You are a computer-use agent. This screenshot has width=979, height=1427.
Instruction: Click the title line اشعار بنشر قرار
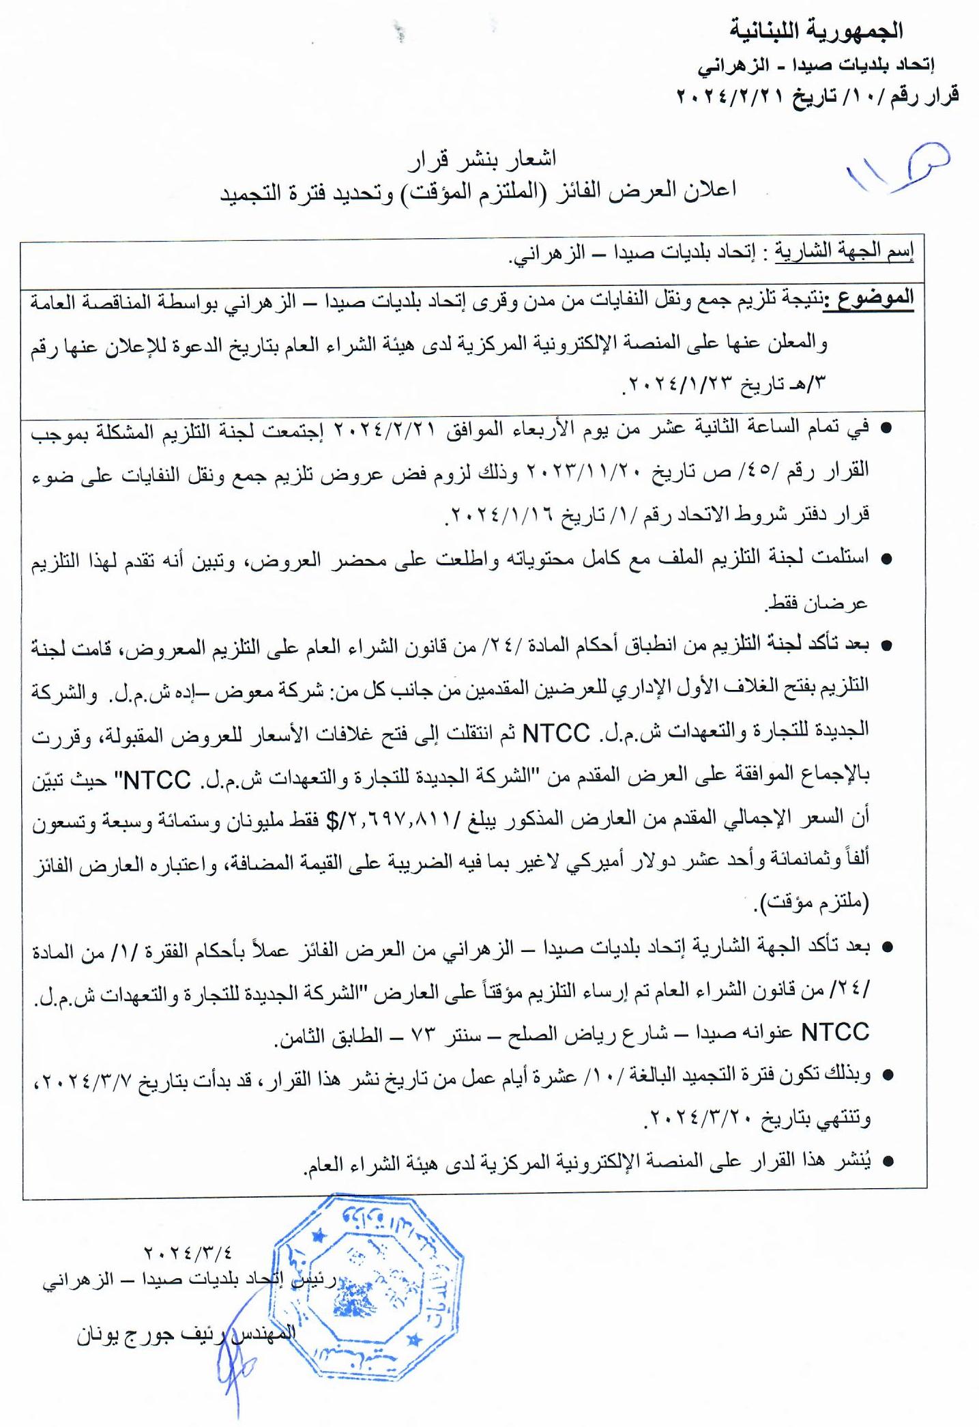click(482, 158)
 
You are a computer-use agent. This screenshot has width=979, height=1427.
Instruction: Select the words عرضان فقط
click(817, 603)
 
